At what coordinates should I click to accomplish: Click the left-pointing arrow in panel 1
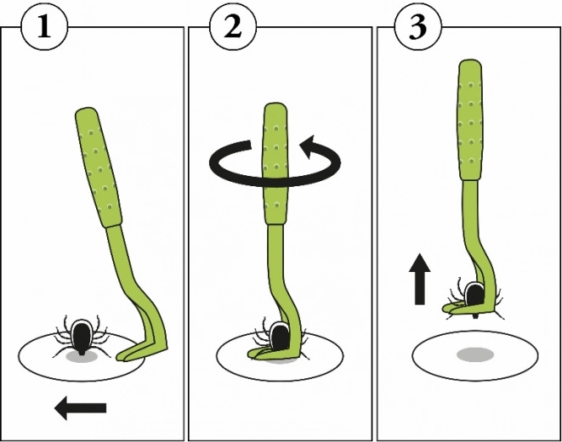[80, 409]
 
